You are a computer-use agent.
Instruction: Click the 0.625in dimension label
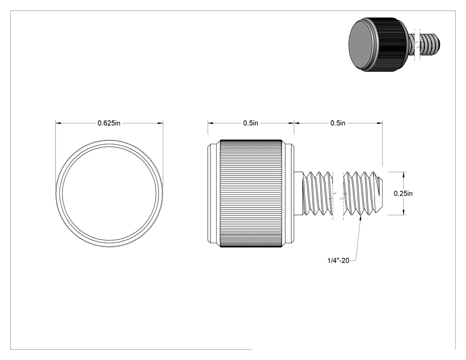tap(109, 123)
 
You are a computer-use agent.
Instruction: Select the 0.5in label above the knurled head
tap(251, 123)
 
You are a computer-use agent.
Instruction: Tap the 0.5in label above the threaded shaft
tap(338, 123)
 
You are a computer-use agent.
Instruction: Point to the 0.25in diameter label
tap(403, 194)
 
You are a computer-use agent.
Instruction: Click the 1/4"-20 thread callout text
tap(338, 261)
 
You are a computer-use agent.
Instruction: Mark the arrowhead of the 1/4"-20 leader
tap(361, 218)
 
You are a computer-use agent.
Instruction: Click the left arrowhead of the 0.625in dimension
tap(58, 123)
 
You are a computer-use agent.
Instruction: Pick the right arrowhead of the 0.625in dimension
tap(161, 123)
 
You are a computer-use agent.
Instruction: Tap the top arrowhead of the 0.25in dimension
tap(403, 174)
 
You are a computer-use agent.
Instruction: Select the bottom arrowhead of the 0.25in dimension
tap(403, 212)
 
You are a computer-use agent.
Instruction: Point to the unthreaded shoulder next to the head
tap(298, 193)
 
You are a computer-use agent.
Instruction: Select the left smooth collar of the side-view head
tap(213, 193)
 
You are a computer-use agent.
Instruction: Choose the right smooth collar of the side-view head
tap(288, 193)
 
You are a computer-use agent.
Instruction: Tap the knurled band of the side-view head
tap(251, 193)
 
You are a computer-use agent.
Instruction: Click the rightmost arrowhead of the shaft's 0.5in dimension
tap(380, 123)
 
